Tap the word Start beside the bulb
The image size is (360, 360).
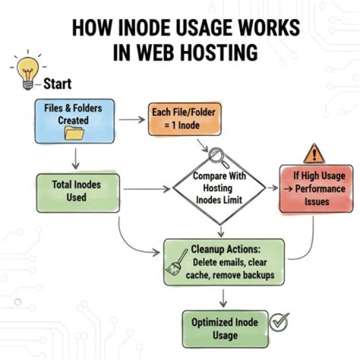(57, 83)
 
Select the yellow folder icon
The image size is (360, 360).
(74, 132)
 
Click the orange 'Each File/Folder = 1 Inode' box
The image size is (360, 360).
(184, 119)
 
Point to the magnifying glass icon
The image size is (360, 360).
(218, 157)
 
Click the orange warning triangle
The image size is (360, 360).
(314, 153)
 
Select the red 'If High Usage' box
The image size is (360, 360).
(316, 188)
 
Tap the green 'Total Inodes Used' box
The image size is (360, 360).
(78, 193)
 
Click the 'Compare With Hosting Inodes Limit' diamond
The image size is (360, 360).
(219, 188)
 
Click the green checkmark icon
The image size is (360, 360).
(279, 322)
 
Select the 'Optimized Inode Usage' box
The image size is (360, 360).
(225, 329)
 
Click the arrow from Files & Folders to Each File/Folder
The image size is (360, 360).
(132, 119)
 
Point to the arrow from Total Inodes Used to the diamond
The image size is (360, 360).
(147, 189)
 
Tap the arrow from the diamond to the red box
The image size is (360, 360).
(273, 188)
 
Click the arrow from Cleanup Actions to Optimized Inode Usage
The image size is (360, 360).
(223, 298)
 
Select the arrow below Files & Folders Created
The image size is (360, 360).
(75, 158)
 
